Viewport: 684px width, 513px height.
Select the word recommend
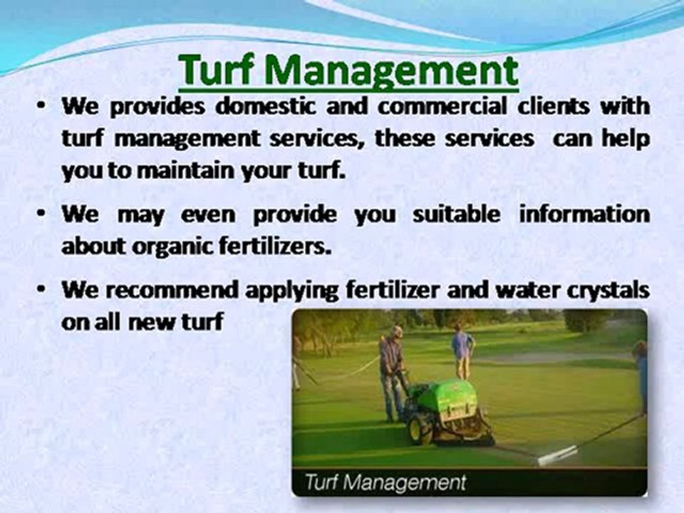[182, 290]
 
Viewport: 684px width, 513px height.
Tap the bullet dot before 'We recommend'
[43, 290]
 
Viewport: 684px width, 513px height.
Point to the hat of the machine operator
[396, 331]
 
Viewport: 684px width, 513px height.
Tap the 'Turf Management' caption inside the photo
[385, 482]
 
